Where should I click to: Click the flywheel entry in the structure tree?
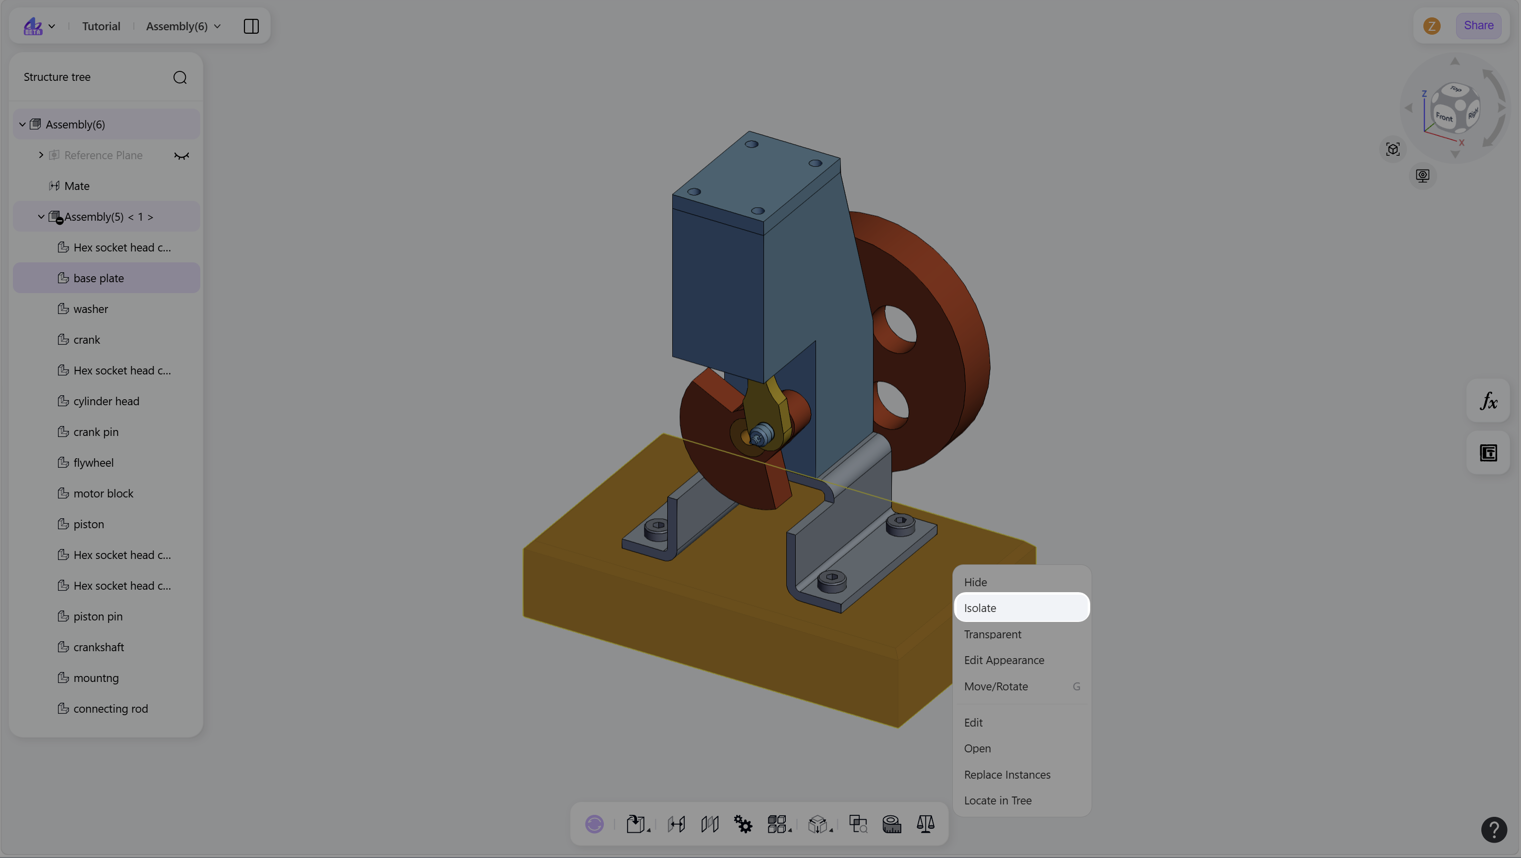coord(93,462)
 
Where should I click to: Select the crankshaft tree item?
coord(99,647)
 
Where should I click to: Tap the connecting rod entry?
coord(111,708)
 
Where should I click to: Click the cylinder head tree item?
coord(106,401)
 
